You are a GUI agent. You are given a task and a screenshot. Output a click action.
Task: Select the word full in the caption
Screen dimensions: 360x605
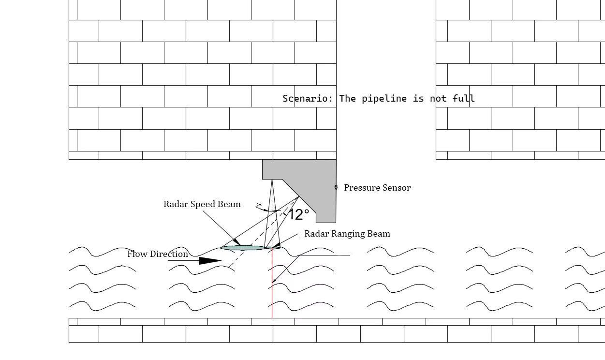[463, 99]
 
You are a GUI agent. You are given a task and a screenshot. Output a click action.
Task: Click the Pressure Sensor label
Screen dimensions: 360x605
[377, 188]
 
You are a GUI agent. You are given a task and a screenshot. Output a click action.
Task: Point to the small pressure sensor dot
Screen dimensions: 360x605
[336, 187]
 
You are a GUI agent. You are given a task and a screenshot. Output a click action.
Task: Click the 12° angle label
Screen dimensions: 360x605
[298, 214]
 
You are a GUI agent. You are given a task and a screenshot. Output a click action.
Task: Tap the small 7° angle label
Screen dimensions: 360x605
[259, 206]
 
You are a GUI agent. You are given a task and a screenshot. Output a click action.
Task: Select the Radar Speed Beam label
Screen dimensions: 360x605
[202, 204]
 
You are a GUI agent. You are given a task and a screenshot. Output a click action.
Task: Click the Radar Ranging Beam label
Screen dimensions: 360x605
[347, 234]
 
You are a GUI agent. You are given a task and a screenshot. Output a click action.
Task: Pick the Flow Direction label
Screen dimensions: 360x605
[157, 254]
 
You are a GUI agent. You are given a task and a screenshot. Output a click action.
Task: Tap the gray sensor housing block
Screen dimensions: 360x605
[310, 179]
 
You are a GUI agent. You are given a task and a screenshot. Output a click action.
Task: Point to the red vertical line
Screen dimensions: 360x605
[272, 300]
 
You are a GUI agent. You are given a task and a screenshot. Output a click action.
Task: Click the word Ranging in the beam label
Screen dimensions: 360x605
[347, 234]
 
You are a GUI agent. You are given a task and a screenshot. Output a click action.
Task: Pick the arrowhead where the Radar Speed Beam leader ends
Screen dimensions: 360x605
[237, 241]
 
